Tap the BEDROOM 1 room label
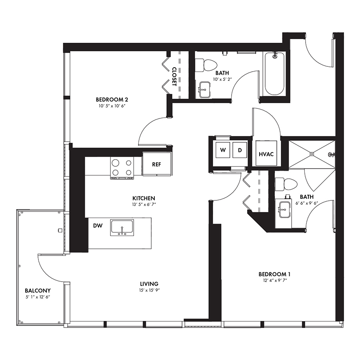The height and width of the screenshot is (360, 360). (274, 274)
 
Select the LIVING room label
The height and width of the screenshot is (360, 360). (149, 284)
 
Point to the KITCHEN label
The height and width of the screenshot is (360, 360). (144, 198)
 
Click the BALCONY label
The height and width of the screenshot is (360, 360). (38, 291)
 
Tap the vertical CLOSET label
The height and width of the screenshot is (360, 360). (174, 76)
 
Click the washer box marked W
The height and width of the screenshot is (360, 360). (223, 150)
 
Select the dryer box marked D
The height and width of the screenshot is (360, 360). (240, 150)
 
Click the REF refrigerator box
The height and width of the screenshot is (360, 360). (157, 164)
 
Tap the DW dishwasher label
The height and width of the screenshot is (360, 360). (98, 226)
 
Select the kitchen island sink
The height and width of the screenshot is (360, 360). (122, 228)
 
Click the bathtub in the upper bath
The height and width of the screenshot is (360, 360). (274, 74)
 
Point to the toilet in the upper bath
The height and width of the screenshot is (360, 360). (206, 65)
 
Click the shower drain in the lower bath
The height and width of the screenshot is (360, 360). (312, 154)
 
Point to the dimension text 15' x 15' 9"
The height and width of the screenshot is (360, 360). (149, 290)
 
